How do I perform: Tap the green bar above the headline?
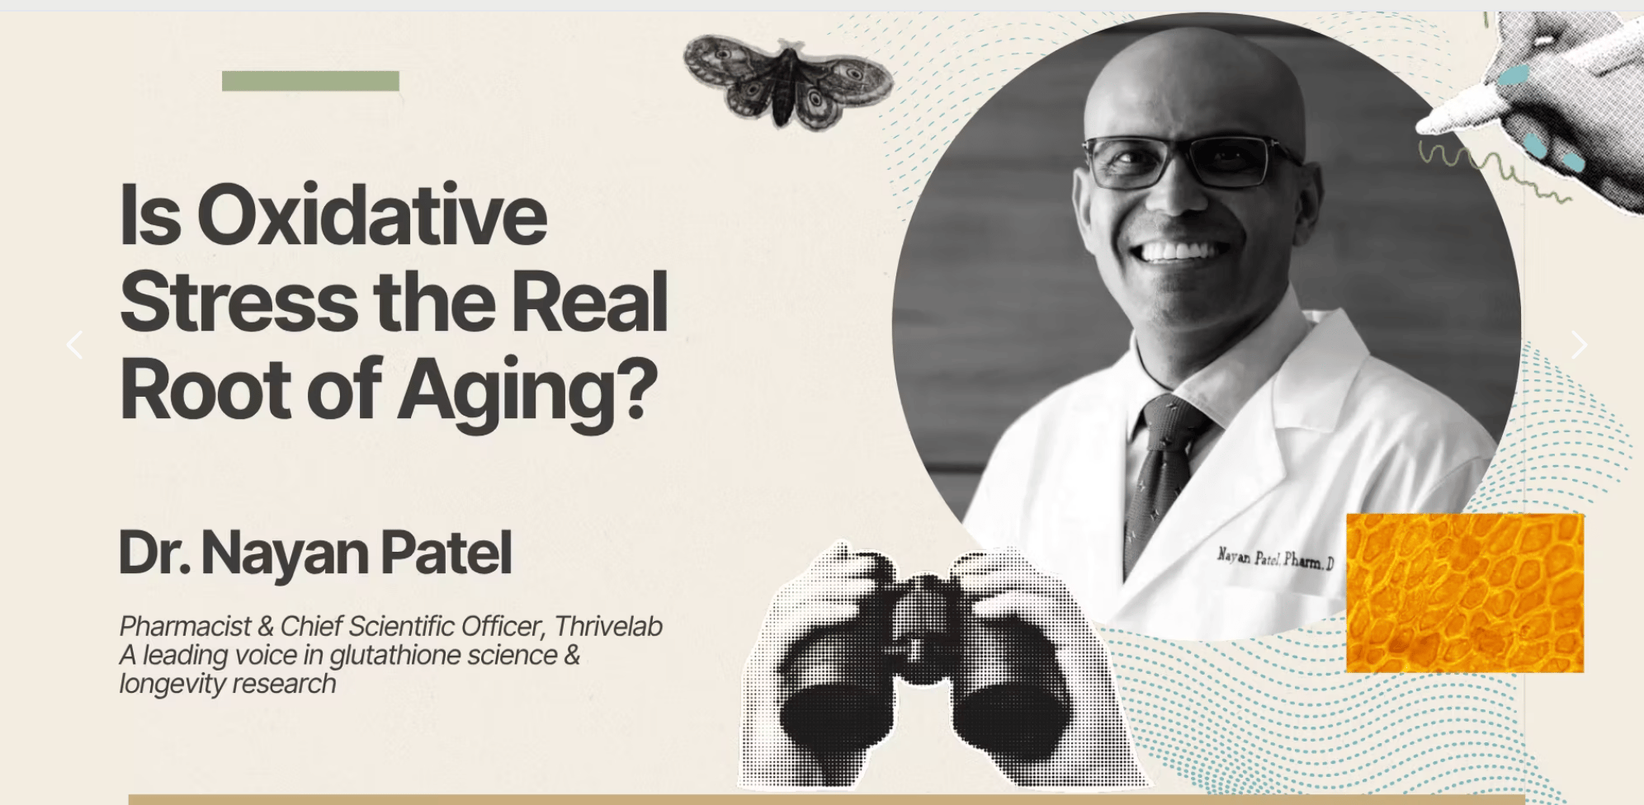tap(310, 81)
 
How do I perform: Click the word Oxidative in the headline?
tap(371, 215)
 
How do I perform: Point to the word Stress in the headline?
tap(239, 302)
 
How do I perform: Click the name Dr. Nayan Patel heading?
tap(315, 553)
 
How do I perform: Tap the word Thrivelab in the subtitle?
tap(608, 626)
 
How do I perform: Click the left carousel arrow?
tap(74, 345)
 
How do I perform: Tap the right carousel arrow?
tap(1579, 345)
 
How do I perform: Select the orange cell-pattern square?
tap(1465, 592)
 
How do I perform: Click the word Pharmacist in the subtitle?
tap(186, 626)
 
